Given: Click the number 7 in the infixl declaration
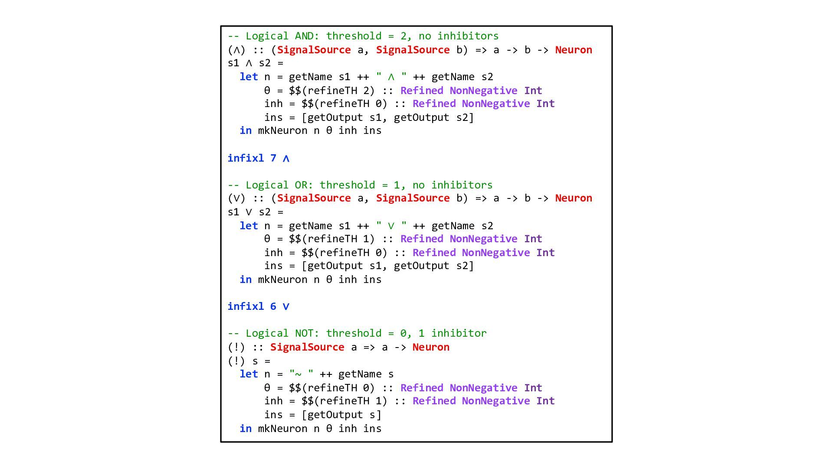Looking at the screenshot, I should click(x=273, y=158).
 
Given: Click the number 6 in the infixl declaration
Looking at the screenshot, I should click(x=273, y=306).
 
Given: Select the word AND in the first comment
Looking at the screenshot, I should click(x=307, y=36).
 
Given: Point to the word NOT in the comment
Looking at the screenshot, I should click(x=307, y=333).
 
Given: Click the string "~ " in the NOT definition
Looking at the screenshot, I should click(x=301, y=374).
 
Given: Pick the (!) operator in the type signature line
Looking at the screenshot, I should click(x=236, y=347).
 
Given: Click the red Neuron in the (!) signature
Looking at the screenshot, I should click(x=431, y=347).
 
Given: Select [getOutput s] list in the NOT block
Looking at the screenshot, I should click(x=341, y=415).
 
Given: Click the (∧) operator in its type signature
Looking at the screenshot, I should click(x=236, y=50).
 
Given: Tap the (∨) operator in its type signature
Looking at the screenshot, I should click(x=236, y=198).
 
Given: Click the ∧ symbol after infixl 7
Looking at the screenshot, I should click(x=286, y=159).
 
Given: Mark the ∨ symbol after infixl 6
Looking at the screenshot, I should click(x=286, y=307).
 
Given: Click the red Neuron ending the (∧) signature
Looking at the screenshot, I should click(x=574, y=50).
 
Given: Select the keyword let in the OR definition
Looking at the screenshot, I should click(x=249, y=226).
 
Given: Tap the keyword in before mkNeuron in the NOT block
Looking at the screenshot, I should click(x=246, y=429).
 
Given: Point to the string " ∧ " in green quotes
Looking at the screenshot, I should click(x=391, y=77).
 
